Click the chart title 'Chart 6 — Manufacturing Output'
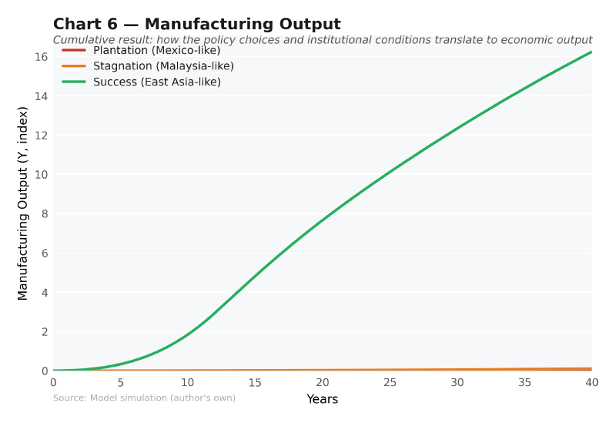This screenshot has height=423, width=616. (196, 24)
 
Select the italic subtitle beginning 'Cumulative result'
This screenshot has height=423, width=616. (322, 40)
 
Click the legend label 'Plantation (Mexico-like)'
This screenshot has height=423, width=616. (156, 50)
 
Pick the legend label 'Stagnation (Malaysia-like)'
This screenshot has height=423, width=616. (163, 66)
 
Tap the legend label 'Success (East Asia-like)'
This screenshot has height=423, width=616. (157, 82)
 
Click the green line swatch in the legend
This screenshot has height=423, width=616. (74, 82)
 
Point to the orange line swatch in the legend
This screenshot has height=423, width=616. (74, 66)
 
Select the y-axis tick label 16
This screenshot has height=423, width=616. (41, 57)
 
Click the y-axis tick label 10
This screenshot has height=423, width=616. (41, 175)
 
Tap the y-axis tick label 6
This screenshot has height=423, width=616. (44, 253)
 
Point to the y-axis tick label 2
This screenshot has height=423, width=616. (44, 332)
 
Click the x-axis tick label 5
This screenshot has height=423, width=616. (120, 383)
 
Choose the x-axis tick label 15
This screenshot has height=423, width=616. (255, 383)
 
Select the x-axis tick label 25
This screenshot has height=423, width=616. (390, 383)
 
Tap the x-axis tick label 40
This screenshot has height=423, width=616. (591, 383)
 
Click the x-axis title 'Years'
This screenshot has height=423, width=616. (322, 399)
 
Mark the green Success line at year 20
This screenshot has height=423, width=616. (323, 220)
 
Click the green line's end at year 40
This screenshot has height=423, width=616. (591, 52)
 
